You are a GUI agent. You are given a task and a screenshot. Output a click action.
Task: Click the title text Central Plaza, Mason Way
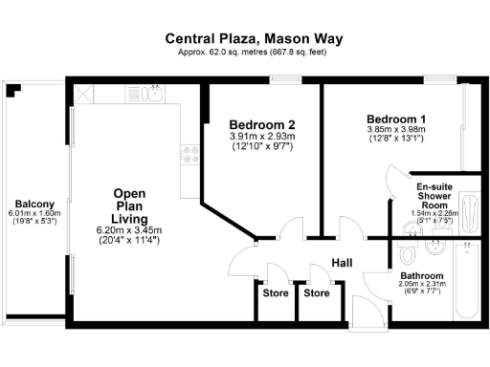(254, 39)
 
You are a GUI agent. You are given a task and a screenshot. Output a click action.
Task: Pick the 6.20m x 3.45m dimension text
(129, 230)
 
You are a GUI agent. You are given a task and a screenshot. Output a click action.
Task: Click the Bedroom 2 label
(261, 125)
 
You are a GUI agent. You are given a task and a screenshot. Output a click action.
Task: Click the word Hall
(343, 263)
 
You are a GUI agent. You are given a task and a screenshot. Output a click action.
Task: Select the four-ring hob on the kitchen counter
(189, 152)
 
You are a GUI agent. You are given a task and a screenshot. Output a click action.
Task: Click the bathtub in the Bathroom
(467, 282)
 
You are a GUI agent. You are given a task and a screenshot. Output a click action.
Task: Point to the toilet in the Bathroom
(407, 252)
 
